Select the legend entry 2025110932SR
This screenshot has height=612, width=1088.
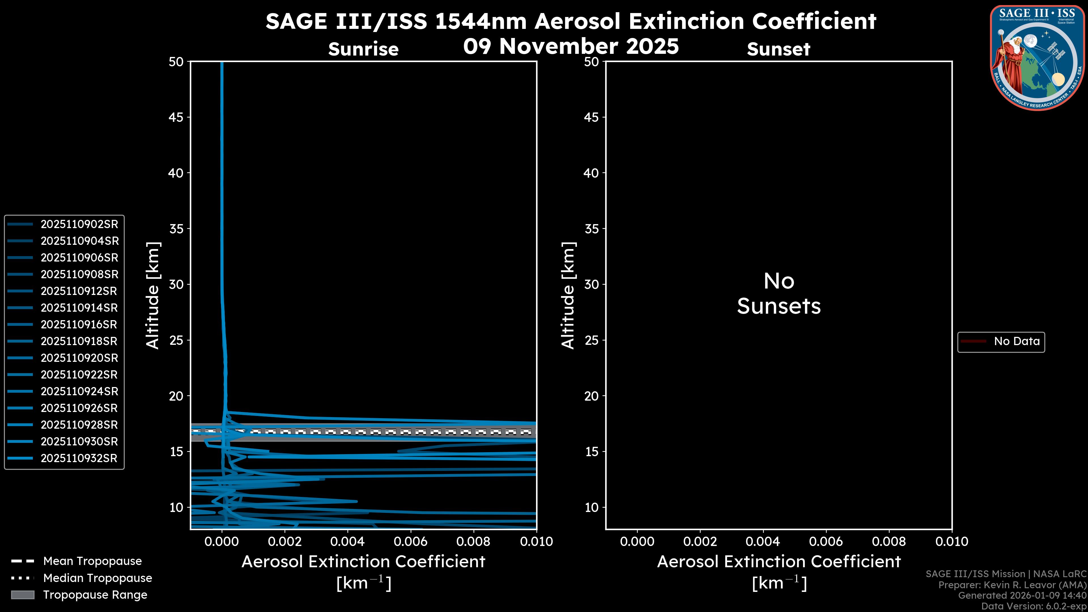point(79,458)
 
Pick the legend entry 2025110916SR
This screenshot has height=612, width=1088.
point(79,324)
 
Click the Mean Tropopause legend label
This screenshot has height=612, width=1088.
point(92,561)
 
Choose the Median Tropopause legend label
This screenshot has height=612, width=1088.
point(97,578)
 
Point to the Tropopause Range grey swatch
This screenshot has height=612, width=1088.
point(23,595)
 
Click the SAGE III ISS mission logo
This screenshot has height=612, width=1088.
point(1037,58)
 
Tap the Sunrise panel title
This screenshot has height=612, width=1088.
point(363,49)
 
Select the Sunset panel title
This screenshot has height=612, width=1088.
point(778,49)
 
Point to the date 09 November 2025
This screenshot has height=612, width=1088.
point(571,46)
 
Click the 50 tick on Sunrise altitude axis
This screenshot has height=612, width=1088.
point(176,62)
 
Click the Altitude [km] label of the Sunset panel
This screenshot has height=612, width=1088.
point(568,295)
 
